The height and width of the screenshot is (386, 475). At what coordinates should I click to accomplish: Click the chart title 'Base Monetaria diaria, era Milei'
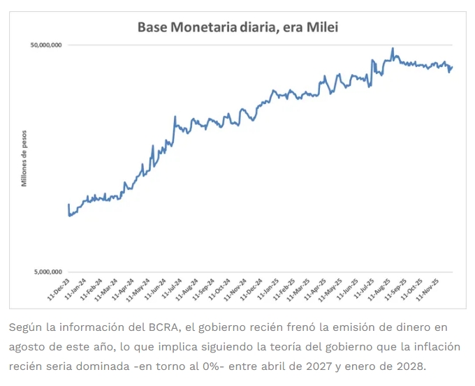click(237, 27)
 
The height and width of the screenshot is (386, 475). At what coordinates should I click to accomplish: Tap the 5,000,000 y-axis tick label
click(48, 272)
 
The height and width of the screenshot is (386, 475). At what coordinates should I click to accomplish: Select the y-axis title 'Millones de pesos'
click(23, 158)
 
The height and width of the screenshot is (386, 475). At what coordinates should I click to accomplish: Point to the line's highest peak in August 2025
click(393, 48)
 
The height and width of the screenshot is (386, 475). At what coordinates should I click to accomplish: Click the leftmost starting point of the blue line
click(68, 205)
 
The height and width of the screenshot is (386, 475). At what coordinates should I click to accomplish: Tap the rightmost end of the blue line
click(452, 67)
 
